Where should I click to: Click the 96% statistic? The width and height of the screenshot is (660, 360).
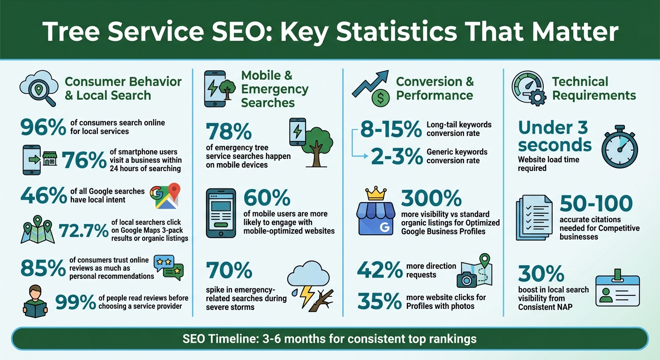click(x=43, y=127)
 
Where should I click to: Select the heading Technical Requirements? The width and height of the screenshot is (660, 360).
click(x=593, y=89)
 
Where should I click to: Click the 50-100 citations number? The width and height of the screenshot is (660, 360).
click(x=596, y=204)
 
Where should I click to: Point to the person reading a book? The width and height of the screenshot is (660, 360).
click(x=36, y=300)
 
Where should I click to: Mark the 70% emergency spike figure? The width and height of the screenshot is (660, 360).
click(x=229, y=271)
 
